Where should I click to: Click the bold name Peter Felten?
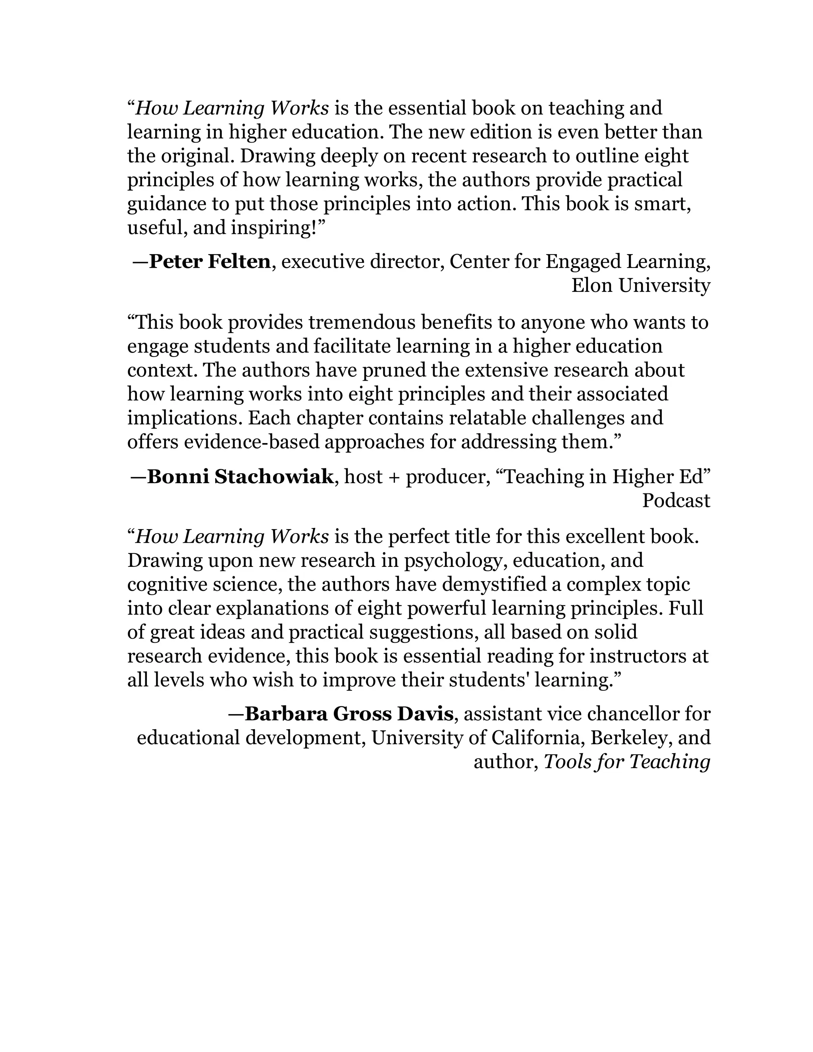coord(210,262)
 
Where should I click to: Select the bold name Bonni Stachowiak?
coord(240,477)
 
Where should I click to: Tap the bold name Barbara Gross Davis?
coord(349,714)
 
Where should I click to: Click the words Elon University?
coord(641,286)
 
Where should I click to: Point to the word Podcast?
coord(676,501)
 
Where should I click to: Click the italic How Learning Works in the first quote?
coord(232,108)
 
